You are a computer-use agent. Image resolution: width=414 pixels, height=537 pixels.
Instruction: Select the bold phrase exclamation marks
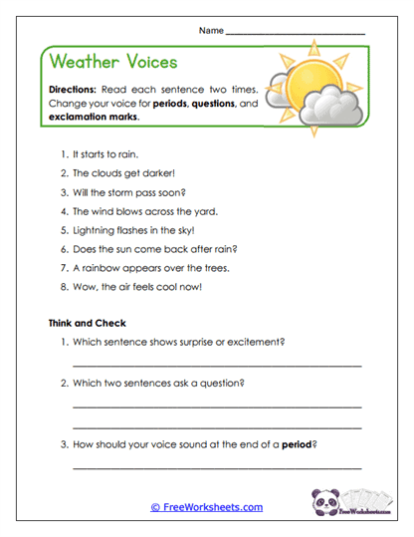pos(94,117)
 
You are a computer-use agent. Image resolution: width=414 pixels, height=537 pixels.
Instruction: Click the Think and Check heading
pos(87,323)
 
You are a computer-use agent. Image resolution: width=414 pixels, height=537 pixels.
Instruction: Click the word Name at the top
pos(211,31)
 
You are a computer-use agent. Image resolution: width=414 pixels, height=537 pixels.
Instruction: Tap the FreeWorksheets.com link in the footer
pos(207,507)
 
